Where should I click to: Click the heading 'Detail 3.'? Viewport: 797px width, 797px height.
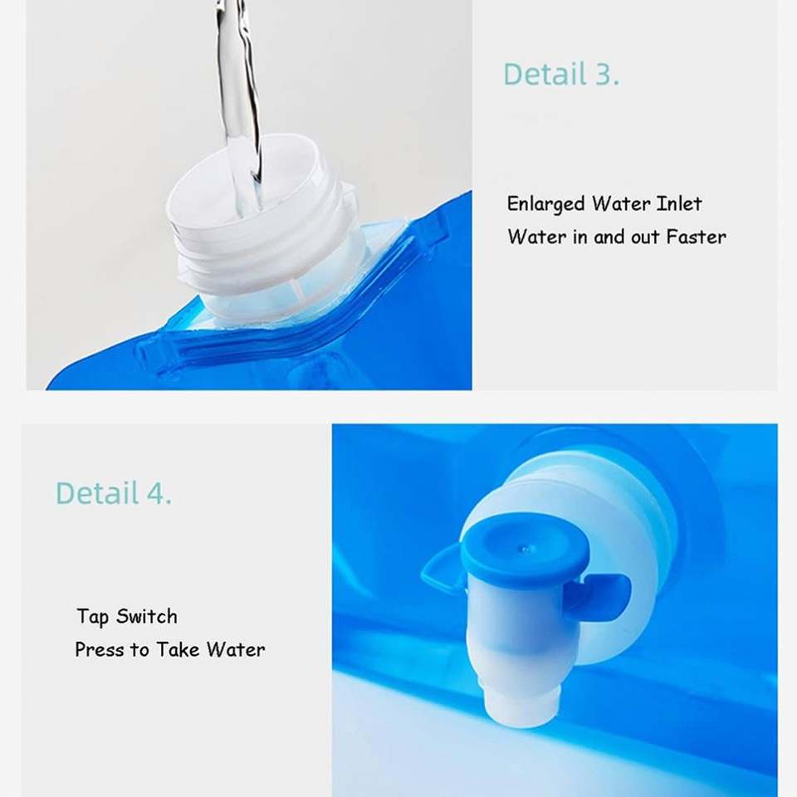[x=561, y=74]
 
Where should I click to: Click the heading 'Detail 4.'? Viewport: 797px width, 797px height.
[x=114, y=493]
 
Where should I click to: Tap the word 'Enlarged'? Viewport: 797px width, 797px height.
[x=546, y=204]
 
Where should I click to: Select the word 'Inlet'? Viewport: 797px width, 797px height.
[x=679, y=204]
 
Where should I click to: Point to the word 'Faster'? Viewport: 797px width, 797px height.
[x=696, y=237]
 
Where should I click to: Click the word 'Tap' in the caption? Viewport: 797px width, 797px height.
[x=92, y=617]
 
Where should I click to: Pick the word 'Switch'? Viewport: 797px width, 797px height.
[x=147, y=616]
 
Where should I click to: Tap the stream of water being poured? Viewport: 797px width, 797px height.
[x=239, y=101]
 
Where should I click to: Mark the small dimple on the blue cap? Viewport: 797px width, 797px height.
[x=524, y=549]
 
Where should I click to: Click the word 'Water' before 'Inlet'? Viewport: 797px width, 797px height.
[x=621, y=204]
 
